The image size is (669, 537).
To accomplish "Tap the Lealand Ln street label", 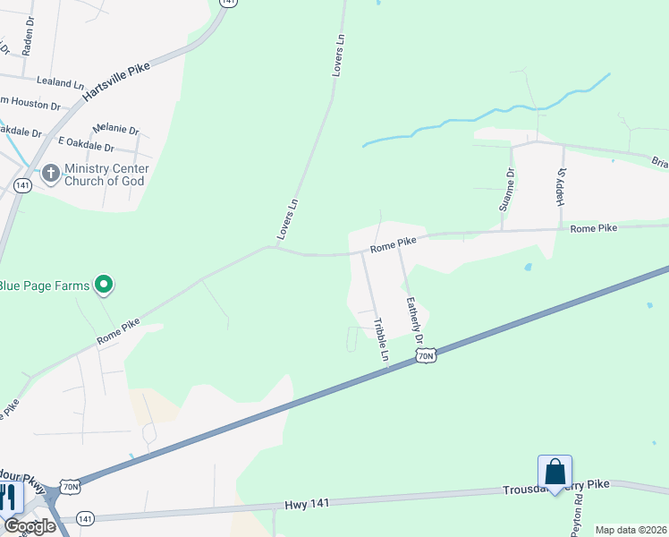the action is (x=60, y=82).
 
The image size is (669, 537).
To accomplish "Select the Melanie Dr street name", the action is (x=115, y=130).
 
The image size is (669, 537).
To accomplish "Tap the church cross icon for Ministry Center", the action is (x=50, y=173).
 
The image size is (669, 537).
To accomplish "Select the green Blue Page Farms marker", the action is (x=104, y=286).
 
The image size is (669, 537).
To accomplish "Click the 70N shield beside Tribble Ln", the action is (x=427, y=356).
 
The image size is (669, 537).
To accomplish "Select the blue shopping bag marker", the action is (x=555, y=473).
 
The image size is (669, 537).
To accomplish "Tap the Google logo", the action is (x=30, y=526).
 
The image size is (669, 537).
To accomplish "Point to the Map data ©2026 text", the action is (x=630, y=530).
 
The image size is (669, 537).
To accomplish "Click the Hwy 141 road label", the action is (x=307, y=504).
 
